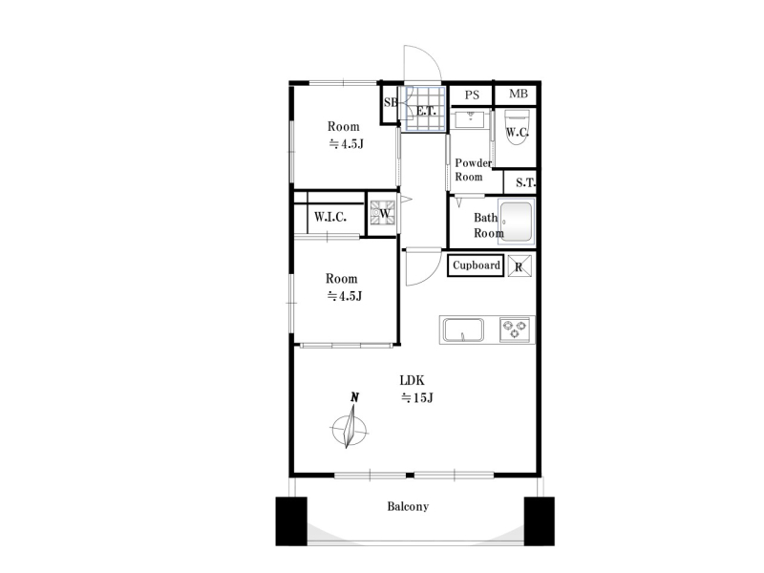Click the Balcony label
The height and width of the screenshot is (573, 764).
(408, 507)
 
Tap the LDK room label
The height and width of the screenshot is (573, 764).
(413, 380)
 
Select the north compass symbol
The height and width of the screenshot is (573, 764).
(350, 422)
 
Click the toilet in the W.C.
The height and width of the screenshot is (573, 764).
(517, 127)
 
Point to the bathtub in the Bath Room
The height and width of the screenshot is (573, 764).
(516, 222)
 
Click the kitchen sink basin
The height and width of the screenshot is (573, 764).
(463, 329)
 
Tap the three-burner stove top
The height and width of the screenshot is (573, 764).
(515, 329)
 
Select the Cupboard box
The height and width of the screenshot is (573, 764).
(476, 265)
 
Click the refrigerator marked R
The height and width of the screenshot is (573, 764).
(520, 266)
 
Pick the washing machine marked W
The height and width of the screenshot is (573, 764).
(381, 213)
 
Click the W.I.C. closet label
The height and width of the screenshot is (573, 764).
(330, 217)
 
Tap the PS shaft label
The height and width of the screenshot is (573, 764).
(472, 95)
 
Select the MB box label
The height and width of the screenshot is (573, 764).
(519, 94)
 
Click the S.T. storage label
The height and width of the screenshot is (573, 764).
(525, 182)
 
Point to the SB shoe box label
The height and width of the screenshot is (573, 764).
(391, 102)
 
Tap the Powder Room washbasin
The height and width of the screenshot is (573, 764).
(470, 118)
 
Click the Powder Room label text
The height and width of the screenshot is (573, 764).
(473, 170)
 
